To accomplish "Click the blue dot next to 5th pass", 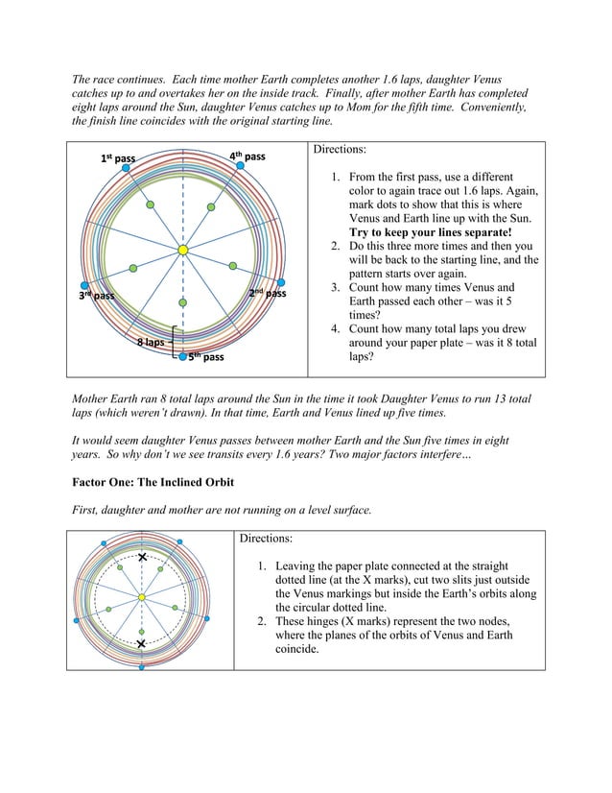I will [182, 357].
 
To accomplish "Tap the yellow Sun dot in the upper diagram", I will [182, 251].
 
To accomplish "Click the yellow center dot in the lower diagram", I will [142, 597].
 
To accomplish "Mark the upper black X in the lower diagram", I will [142, 557].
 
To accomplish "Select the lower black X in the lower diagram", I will [142, 644].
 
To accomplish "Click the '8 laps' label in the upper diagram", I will [149, 342].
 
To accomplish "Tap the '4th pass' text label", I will [247, 156].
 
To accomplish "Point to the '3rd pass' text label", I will [96, 295].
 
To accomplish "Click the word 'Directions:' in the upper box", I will [340, 151].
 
